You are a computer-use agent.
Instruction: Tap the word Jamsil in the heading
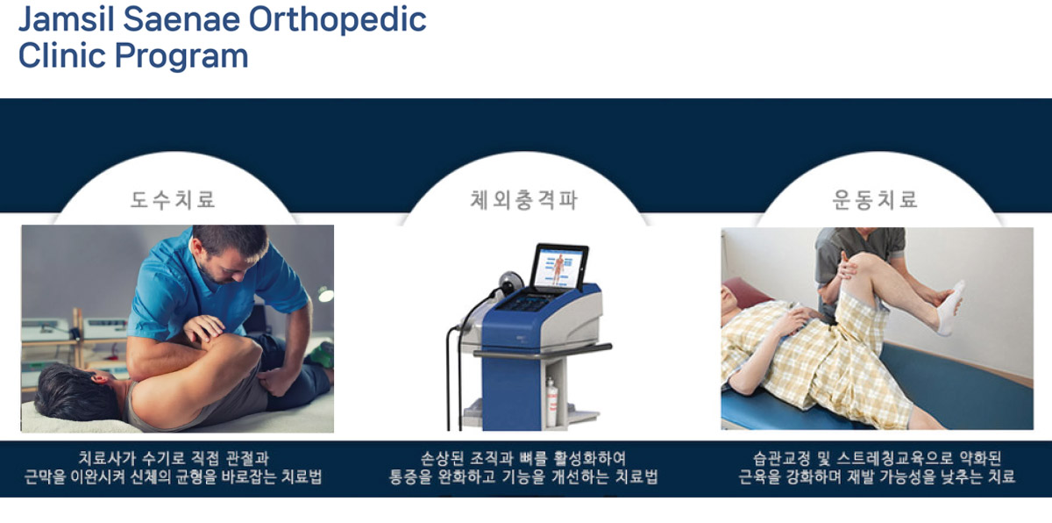[66, 19]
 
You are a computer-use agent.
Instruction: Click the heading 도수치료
[173, 199]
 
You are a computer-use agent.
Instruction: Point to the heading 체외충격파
[523, 199]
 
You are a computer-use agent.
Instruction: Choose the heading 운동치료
[875, 199]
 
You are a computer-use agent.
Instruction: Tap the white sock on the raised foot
[949, 308]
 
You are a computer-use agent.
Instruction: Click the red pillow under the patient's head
[747, 292]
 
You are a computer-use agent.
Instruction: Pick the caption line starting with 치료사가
[173, 458]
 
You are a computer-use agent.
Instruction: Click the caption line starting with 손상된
[522, 458]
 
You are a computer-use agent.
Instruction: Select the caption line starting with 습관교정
[877, 458]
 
